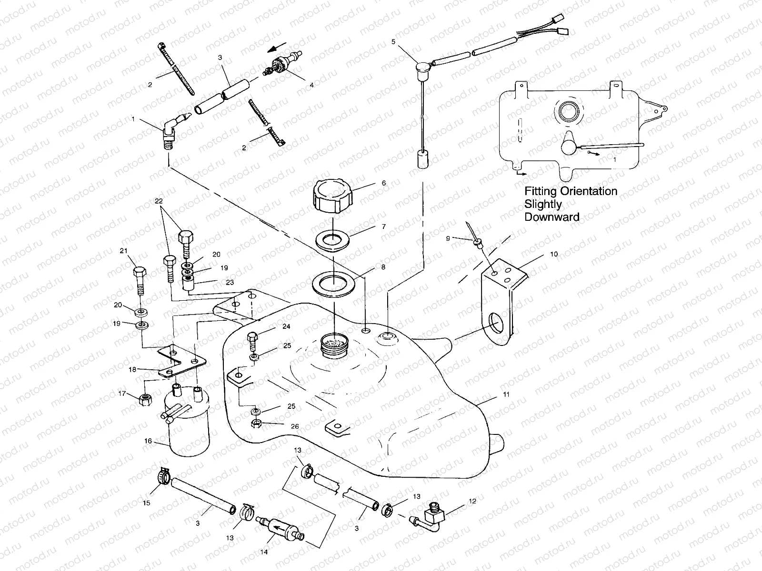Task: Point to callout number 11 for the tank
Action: [x=506, y=394]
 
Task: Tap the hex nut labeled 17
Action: [x=145, y=400]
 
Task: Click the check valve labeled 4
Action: [x=276, y=67]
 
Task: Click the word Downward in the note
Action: [x=551, y=217]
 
